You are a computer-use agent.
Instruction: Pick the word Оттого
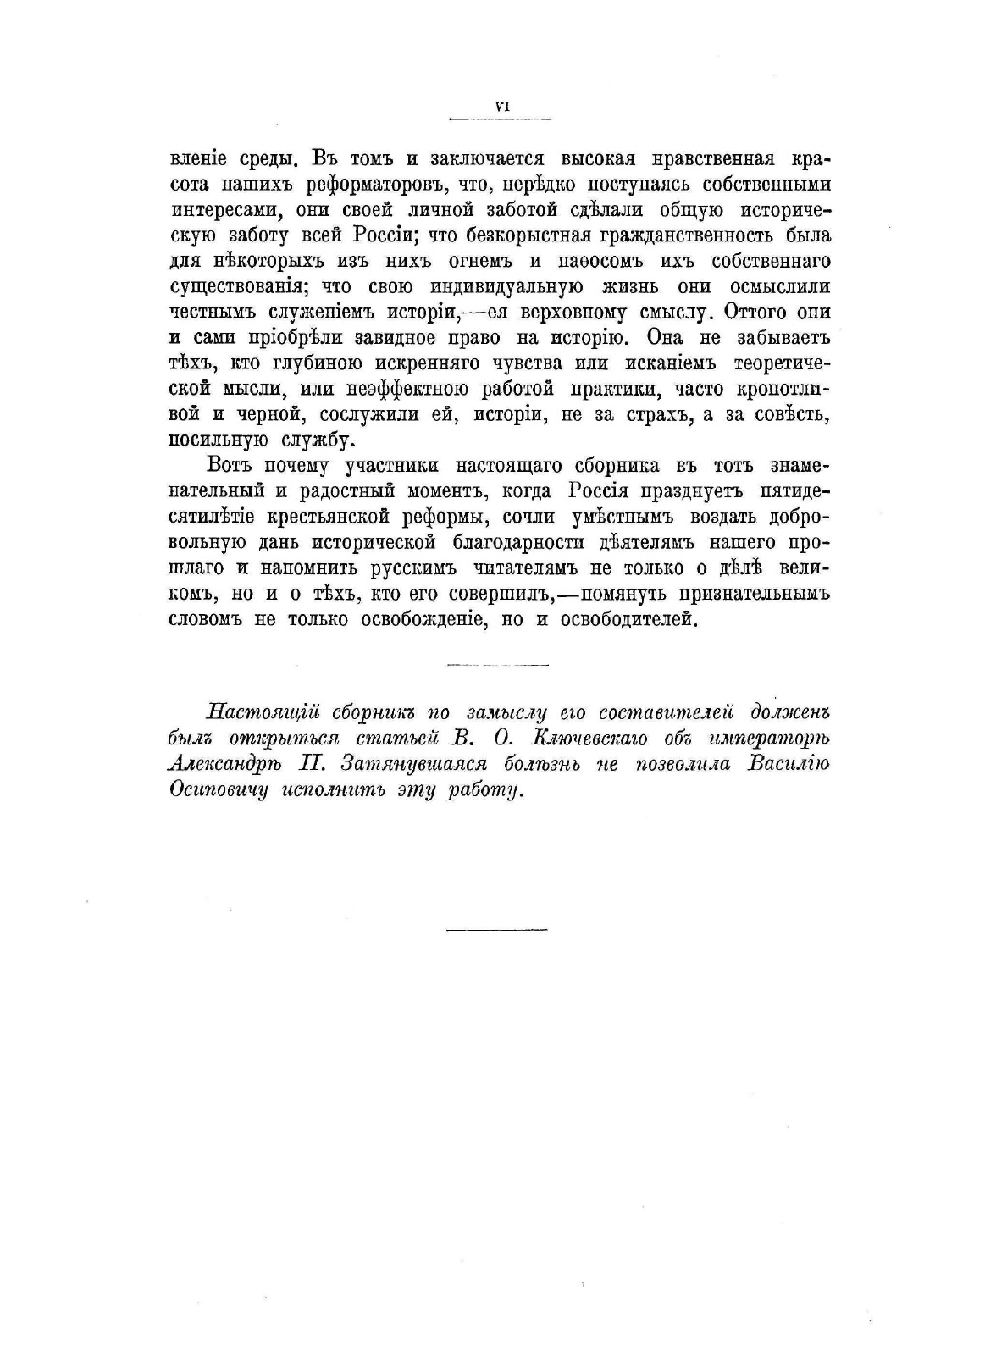pos(751,312)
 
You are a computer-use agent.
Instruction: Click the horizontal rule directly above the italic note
pos(496,664)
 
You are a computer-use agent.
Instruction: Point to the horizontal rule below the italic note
pos(496,930)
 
